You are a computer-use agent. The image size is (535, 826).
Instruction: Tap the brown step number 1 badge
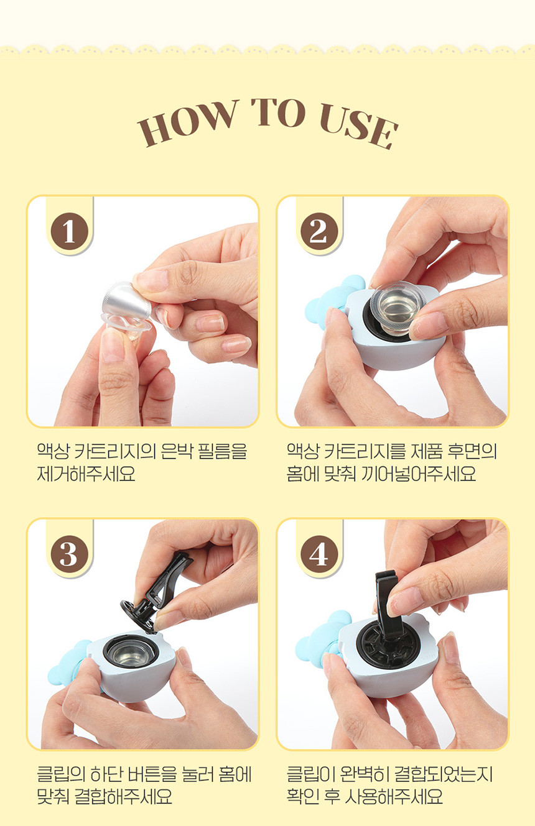coord(70,232)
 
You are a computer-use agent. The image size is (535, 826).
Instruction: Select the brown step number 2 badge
coord(319,232)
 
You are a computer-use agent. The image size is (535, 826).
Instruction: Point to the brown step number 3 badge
coord(70,554)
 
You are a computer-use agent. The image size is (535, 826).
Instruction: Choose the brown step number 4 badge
coord(319,554)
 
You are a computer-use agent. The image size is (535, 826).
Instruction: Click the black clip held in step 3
coord(157,592)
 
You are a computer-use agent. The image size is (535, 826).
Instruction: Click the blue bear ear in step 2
coord(332,300)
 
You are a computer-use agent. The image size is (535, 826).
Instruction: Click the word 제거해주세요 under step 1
coord(86,474)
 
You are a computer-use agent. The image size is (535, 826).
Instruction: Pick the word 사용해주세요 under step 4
coord(393,797)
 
